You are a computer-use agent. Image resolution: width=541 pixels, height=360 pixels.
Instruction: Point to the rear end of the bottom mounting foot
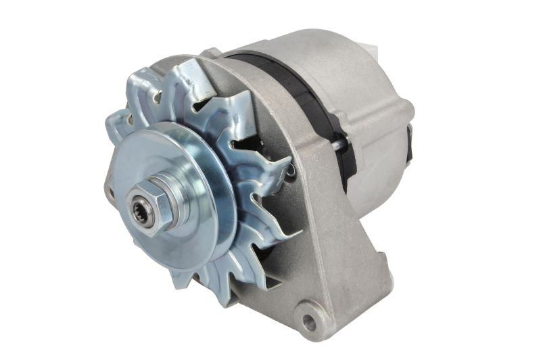[379, 298]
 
